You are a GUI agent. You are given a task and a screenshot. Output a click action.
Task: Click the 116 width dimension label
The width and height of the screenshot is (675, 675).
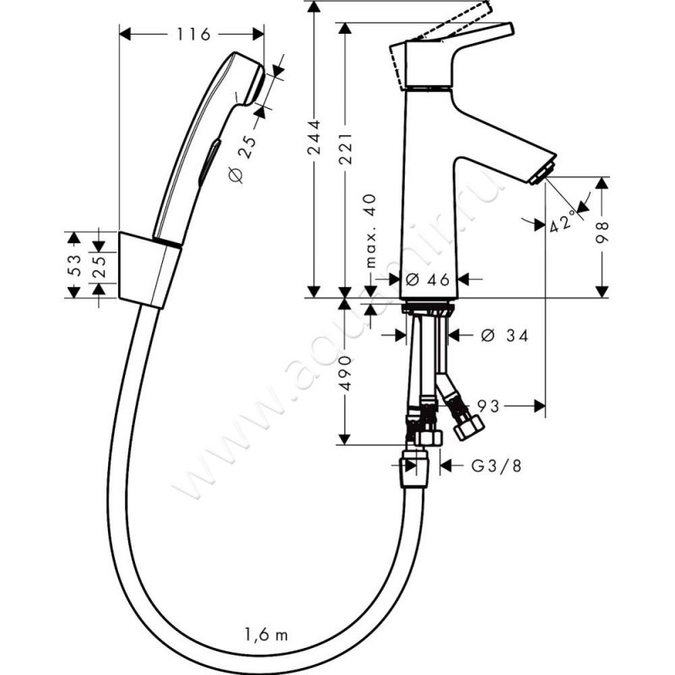coord(193,34)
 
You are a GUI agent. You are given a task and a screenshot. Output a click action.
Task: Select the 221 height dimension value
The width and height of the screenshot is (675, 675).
coord(345,148)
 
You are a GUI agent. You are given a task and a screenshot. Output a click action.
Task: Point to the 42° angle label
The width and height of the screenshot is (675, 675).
coord(563,221)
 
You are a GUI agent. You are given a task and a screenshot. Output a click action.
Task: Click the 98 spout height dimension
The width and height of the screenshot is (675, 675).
coord(602,233)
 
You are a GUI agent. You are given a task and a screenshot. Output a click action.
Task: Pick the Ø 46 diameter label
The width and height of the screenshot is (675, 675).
coord(428,280)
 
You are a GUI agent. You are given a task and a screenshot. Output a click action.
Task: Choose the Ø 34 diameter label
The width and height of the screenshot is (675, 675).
coord(505,335)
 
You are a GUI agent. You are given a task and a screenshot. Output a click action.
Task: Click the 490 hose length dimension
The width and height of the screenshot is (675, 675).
coord(345,373)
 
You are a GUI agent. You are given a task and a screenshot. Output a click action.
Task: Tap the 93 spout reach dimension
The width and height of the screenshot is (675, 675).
coord(489,406)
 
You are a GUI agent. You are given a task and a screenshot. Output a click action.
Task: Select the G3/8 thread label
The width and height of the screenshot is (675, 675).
coord(496,466)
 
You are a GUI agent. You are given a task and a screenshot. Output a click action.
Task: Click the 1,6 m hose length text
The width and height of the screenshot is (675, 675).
coord(266,634)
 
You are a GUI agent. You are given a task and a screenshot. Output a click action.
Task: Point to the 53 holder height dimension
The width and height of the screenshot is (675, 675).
coord(74,265)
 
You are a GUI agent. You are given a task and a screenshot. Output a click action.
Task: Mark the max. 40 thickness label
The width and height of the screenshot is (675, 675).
coord(370,231)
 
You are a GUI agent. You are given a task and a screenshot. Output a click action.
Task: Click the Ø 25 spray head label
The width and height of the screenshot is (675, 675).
coord(243,159)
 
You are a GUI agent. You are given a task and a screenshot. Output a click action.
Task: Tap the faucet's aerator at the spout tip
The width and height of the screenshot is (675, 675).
coord(543,173)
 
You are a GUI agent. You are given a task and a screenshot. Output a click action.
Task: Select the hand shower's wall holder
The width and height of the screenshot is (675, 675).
coord(149,270)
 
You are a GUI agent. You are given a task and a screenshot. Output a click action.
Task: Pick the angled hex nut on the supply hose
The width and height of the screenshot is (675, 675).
coord(468,427)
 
